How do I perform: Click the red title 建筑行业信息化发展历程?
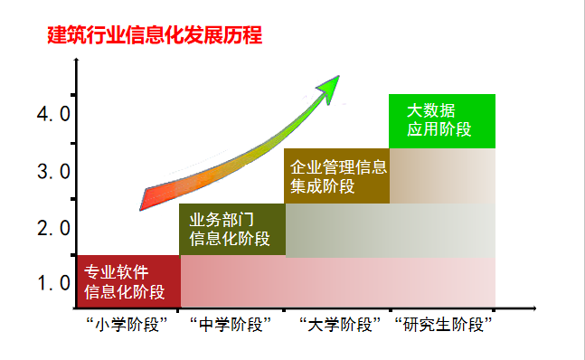click(155, 36)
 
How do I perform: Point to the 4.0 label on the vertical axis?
click(53, 114)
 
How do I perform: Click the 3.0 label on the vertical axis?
click(53, 171)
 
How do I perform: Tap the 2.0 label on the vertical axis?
click(53, 227)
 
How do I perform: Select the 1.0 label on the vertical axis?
click(53, 283)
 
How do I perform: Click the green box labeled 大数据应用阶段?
click(441, 120)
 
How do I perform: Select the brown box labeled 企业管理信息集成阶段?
click(337, 176)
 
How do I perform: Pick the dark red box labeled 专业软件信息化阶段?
click(128, 281)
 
